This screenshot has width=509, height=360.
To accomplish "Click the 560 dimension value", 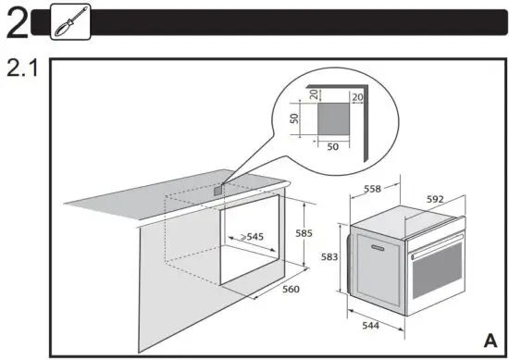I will click(292, 289).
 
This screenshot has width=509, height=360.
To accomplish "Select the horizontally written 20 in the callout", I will click(355, 93).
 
